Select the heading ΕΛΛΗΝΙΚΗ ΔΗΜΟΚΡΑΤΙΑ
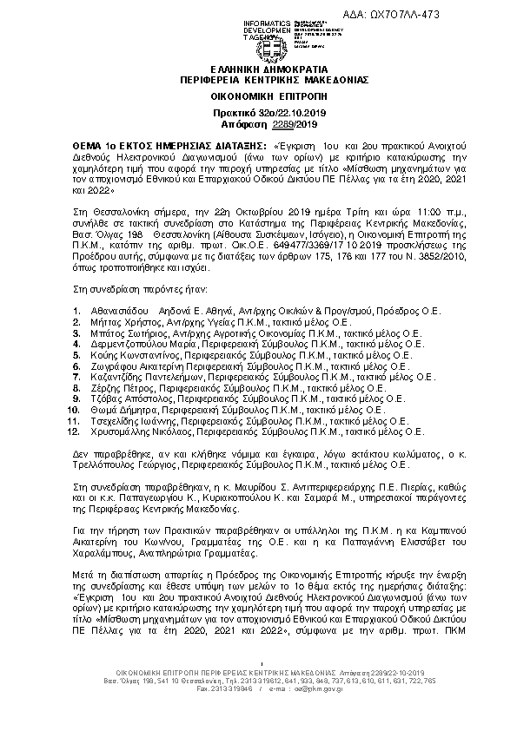coord(258,68)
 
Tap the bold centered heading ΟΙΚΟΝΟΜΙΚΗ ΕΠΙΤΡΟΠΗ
coord(258,95)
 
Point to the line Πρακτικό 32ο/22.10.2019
coord(258,114)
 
